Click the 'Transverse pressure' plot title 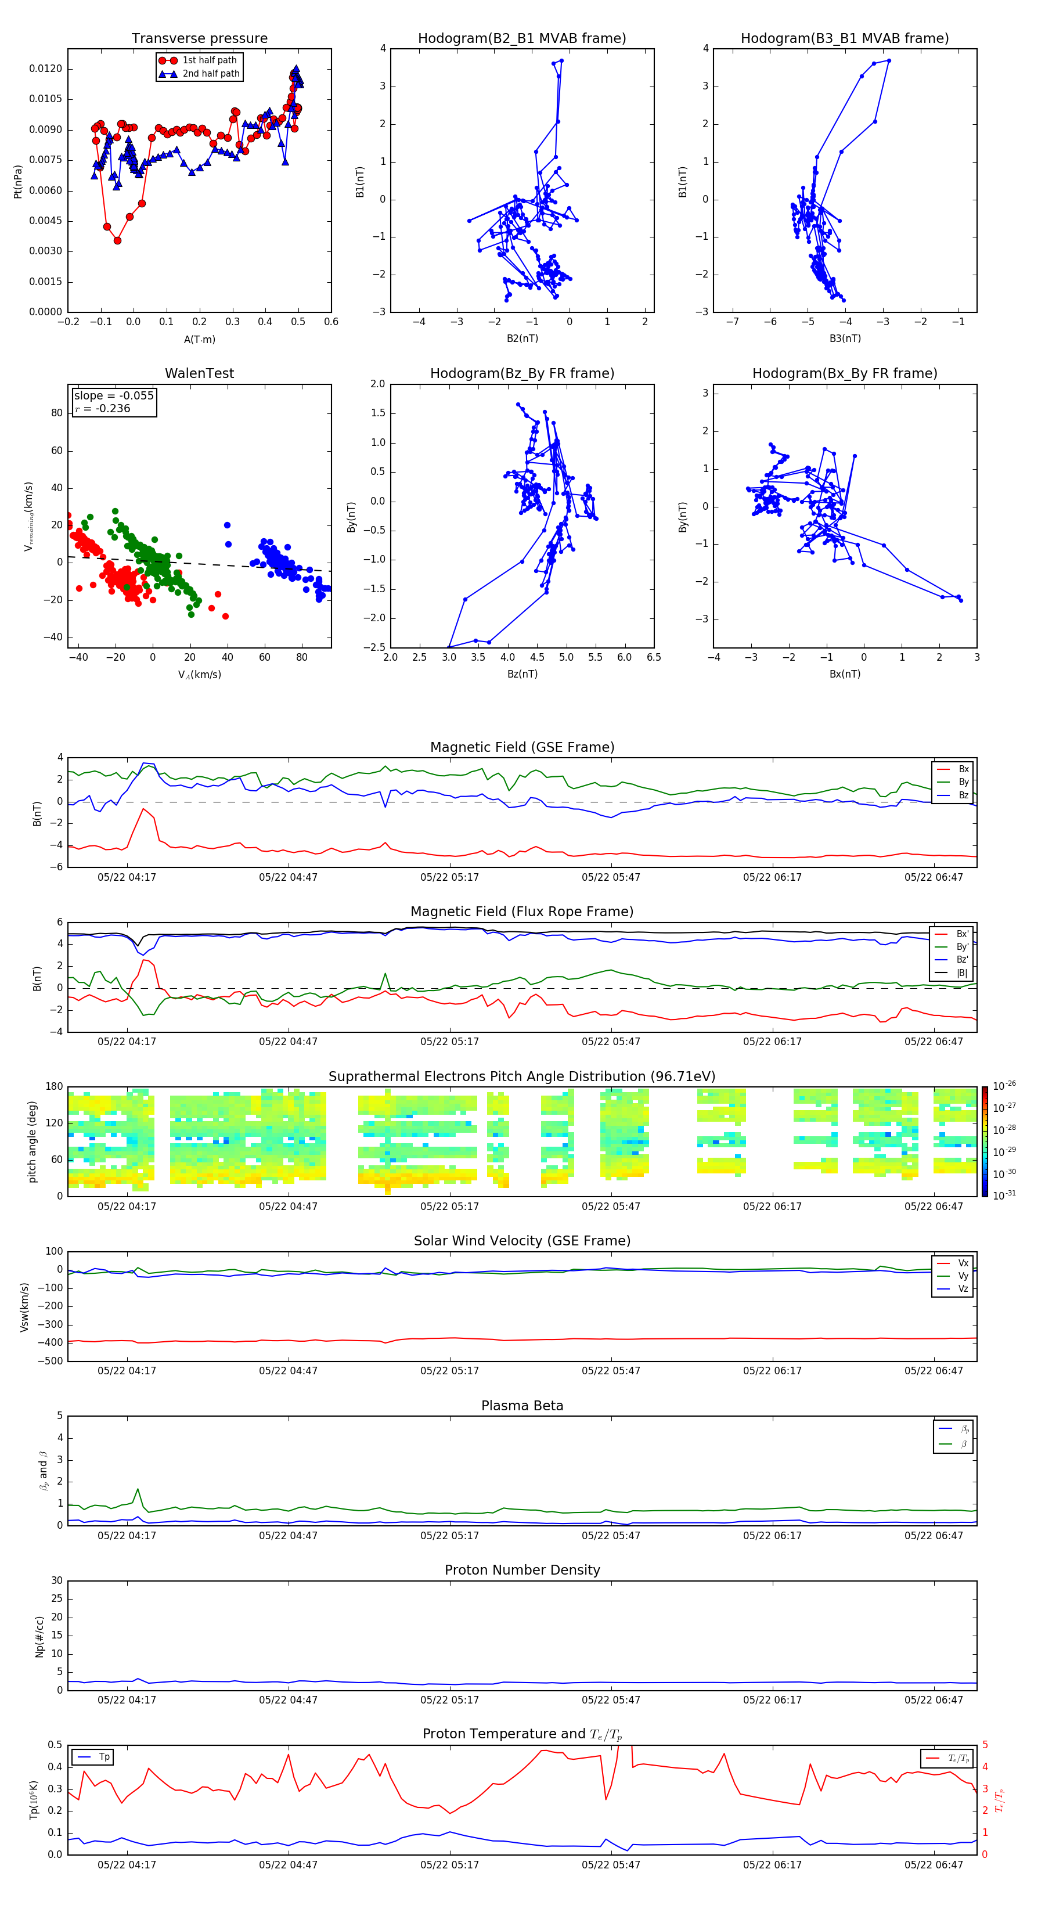pyautogui.click(x=199, y=39)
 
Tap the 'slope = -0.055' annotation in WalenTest pyautogui.click(x=114, y=396)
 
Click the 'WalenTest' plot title pyautogui.click(x=199, y=373)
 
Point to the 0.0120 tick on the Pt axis pyautogui.click(x=45, y=69)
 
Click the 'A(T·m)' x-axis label pyautogui.click(x=199, y=340)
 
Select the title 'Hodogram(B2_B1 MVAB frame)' pyautogui.click(x=521, y=39)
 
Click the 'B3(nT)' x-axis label pyautogui.click(x=845, y=338)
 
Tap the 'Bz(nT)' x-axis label pyautogui.click(x=522, y=674)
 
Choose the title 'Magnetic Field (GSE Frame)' pyautogui.click(x=522, y=747)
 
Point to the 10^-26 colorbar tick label pyautogui.click(x=1004, y=1086)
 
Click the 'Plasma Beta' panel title pyautogui.click(x=522, y=1406)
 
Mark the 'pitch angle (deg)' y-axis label pyautogui.click(x=32, y=1141)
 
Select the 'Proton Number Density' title pyautogui.click(x=522, y=1570)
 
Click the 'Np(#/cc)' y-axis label pyautogui.click(x=39, y=1636)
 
